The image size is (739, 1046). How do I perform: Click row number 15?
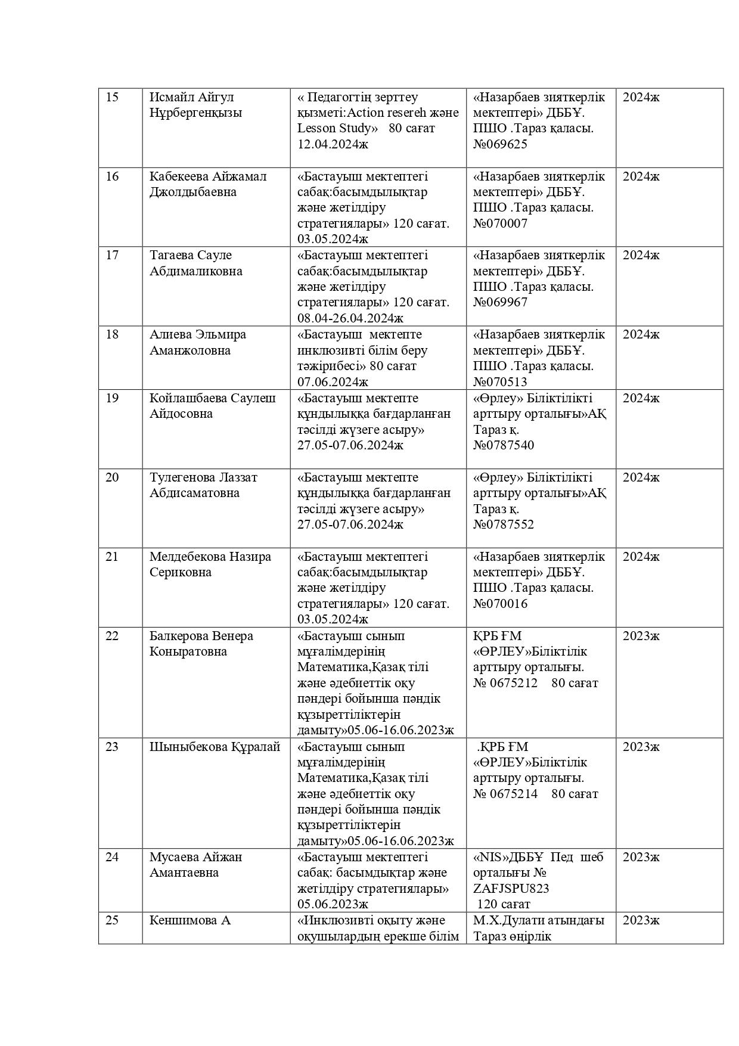112,97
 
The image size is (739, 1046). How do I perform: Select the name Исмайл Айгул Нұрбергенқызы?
195,105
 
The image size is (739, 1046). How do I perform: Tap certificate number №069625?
500,144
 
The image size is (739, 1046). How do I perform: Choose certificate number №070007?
500,224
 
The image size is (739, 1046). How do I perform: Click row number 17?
112,255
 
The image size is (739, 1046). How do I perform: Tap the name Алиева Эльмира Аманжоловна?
197,342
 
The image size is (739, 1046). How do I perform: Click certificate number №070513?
500,382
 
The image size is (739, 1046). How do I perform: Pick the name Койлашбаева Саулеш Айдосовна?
212,406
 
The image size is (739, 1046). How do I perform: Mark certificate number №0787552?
504,524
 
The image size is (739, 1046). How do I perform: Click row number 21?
112,557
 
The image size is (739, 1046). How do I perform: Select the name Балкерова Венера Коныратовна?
201,644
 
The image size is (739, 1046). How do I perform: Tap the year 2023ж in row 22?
641,636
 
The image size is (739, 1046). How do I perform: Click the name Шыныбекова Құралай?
215,747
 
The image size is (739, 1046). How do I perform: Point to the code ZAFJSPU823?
511,888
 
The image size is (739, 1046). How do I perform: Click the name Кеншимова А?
190,920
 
